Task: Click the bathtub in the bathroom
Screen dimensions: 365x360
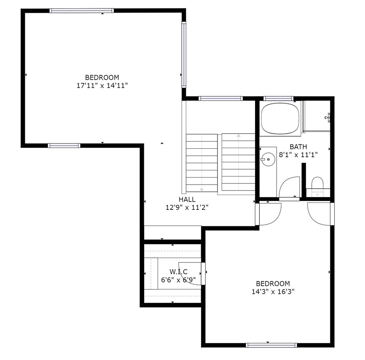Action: point(280,119)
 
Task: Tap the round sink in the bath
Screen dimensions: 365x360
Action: point(268,159)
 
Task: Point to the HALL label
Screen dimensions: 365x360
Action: point(187,199)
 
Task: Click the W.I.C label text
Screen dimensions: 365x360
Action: point(178,272)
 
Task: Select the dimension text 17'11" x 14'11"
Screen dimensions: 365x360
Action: point(103,86)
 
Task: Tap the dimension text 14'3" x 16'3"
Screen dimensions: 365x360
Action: point(273,292)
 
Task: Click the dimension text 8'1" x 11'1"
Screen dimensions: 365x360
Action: point(298,155)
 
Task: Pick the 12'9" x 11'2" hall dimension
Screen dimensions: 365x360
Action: point(187,207)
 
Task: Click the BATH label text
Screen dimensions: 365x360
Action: point(298,147)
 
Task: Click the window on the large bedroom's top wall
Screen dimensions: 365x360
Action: point(81,11)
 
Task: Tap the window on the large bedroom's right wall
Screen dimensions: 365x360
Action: point(184,54)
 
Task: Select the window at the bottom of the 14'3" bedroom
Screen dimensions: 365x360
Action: point(272,345)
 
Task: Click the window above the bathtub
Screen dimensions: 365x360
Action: point(278,98)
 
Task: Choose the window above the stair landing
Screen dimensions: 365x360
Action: point(221,98)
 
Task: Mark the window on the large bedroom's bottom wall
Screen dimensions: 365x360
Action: point(64,146)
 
